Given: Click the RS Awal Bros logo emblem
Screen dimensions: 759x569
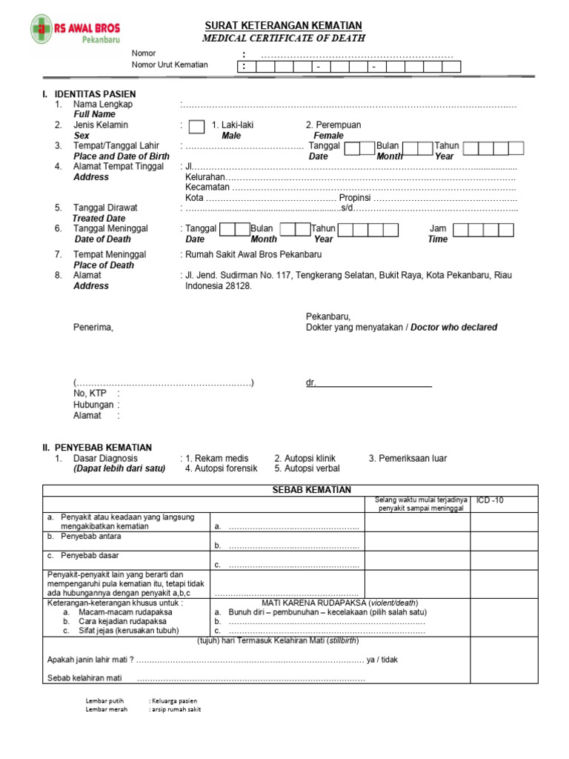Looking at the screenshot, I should point(42,29).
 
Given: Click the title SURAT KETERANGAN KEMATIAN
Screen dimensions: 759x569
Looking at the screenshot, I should point(284,24).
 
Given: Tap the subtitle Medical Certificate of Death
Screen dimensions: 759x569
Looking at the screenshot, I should point(284,38).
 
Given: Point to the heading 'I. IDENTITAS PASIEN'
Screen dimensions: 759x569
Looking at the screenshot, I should point(89,94).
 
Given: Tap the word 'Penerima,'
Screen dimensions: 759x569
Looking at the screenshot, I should point(93,327).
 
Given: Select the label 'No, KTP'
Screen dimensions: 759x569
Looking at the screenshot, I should point(90,394).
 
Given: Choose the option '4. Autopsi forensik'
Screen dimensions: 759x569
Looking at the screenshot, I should point(222,468).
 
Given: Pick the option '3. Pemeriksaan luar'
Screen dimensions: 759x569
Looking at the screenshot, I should point(407,458).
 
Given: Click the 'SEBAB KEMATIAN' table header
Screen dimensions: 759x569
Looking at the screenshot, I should point(307,490).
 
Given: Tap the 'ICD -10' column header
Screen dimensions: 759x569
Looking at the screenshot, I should point(490,500).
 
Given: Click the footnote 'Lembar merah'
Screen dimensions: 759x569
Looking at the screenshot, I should point(107,709).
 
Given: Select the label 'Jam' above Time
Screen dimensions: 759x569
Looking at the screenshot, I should point(438,228).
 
